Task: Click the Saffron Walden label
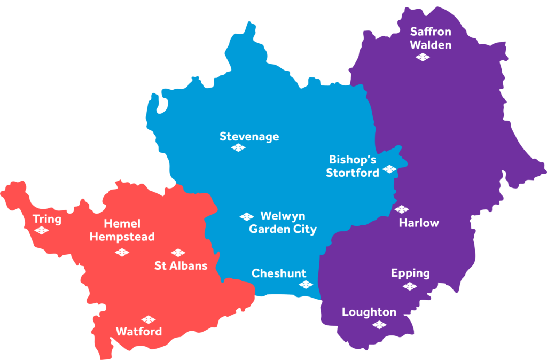(431, 38)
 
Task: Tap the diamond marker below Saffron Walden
(423, 57)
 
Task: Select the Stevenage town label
(249, 137)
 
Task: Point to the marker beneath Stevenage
(238, 148)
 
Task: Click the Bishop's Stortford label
(353, 166)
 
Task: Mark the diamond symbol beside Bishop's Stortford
(389, 169)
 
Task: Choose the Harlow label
(419, 223)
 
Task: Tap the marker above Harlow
(402, 209)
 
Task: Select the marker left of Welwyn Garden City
(246, 216)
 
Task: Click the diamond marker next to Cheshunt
(306, 285)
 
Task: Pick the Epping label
(410, 273)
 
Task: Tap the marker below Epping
(410, 286)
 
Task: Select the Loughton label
(369, 312)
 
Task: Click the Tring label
(47, 219)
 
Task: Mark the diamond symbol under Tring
(41, 230)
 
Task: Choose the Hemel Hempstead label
(122, 230)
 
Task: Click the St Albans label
(181, 265)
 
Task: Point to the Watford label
(139, 332)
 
